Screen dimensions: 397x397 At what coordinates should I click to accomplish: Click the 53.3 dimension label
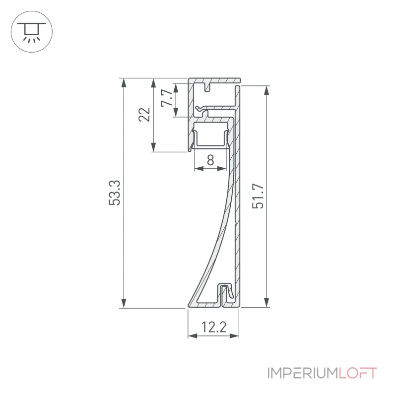click(x=115, y=193)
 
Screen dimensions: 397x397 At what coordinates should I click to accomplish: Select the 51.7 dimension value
click(x=258, y=197)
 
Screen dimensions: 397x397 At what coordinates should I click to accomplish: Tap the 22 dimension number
click(x=144, y=115)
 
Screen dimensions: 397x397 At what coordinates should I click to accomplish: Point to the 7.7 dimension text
click(x=167, y=98)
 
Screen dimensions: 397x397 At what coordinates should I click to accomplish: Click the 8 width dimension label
click(x=210, y=160)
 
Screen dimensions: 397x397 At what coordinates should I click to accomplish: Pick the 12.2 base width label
click(x=214, y=327)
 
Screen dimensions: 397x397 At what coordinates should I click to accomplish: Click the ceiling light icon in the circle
click(x=32, y=32)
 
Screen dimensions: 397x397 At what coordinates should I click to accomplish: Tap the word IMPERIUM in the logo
click(x=303, y=373)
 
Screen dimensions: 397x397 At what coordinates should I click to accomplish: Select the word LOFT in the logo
click(x=358, y=373)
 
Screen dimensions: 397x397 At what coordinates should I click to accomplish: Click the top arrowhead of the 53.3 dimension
click(x=124, y=83)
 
